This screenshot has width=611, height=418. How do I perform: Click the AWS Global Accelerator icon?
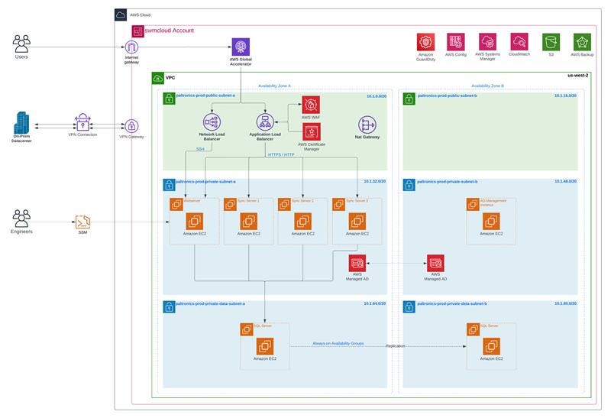point(241,47)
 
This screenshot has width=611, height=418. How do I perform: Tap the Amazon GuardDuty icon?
point(425,42)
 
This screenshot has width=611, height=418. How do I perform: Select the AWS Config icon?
point(456,42)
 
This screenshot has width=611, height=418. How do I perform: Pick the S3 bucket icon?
point(551,42)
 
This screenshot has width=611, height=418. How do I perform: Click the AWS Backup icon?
point(582,42)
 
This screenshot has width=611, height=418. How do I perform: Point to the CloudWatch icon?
point(519,42)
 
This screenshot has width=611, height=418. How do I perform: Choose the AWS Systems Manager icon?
point(488,42)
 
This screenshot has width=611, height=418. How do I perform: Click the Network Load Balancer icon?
point(211,122)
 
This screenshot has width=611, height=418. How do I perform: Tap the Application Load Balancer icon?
point(265,122)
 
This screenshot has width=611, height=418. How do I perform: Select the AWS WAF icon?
point(310,105)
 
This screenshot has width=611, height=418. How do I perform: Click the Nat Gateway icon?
point(368,125)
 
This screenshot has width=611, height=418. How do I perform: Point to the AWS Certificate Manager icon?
point(312,131)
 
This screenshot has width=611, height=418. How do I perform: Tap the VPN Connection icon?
point(82,122)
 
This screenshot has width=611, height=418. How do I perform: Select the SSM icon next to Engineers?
point(82,222)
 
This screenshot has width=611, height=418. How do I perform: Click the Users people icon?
point(21,43)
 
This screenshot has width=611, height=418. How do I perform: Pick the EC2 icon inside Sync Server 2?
point(302,221)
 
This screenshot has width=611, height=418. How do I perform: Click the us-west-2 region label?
point(578,76)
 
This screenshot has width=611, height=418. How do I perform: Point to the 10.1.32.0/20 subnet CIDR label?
point(373,182)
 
